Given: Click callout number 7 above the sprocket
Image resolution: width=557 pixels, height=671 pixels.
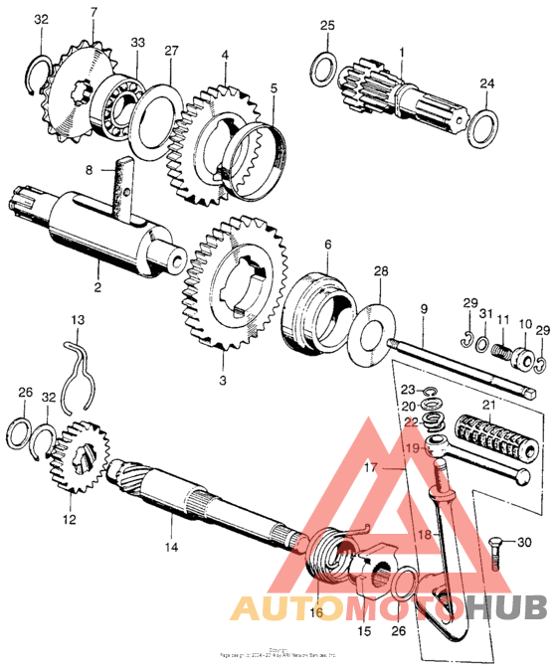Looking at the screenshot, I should coord(93,12).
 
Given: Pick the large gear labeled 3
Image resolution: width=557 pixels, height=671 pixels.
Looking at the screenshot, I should coord(234,288).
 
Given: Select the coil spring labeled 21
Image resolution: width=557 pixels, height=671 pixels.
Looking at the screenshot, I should coord(494,438).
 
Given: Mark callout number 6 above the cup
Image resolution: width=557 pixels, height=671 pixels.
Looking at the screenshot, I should coord(326,244).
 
